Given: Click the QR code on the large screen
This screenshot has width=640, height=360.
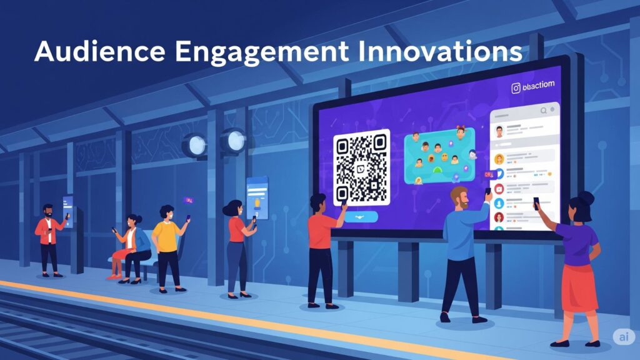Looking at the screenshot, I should coord(361,167).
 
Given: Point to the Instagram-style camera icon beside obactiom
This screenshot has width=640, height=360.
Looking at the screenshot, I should coord(516,88).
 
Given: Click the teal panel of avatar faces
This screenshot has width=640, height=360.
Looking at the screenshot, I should coord(439,156).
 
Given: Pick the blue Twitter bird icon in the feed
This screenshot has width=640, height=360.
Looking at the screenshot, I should coord(499,173).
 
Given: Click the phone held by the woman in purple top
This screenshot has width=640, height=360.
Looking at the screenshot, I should coord(536,203).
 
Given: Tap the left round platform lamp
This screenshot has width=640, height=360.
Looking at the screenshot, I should coord(194,145).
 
